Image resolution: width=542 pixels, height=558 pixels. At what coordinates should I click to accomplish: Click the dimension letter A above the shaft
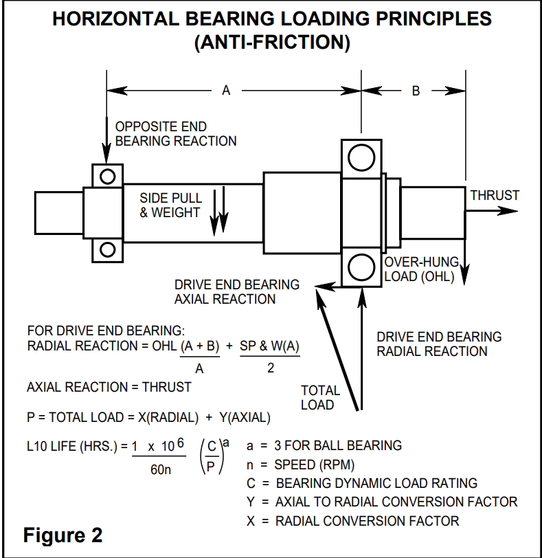(226, 91)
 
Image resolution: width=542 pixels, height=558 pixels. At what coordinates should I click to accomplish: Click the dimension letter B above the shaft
(416, 91)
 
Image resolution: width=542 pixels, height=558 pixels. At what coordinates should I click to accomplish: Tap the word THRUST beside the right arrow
(495, 195)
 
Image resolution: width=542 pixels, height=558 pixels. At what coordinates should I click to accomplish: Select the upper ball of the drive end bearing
(361, 158)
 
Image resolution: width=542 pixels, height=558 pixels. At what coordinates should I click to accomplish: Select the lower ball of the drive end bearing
(361, 266)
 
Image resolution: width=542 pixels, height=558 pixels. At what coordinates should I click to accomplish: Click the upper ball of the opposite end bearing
(107, 177)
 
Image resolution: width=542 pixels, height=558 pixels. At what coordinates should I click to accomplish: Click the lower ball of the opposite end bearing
(107, 249)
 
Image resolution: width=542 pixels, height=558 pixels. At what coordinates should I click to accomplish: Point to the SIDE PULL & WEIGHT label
(170, 205)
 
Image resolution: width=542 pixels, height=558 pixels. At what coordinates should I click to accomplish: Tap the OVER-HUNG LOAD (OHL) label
(420, 270)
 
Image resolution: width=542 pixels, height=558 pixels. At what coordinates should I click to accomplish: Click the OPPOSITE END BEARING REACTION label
(175, 134)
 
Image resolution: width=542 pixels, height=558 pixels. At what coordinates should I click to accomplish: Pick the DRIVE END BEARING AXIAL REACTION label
(236, 291)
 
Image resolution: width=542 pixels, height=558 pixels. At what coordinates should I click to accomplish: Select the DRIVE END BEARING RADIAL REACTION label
(439, 344)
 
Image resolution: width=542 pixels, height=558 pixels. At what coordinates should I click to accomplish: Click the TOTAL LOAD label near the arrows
(320, 397)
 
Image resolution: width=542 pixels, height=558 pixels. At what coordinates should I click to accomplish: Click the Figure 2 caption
(63, 535)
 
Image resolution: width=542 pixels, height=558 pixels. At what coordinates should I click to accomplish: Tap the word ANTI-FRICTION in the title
(272, 43)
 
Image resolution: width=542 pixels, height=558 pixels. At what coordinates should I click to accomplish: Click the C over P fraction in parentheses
(212, 456)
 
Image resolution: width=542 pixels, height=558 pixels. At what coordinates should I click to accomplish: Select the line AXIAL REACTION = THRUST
(109, 387)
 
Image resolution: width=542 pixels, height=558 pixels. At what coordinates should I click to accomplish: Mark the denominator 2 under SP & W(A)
(271, 368)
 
